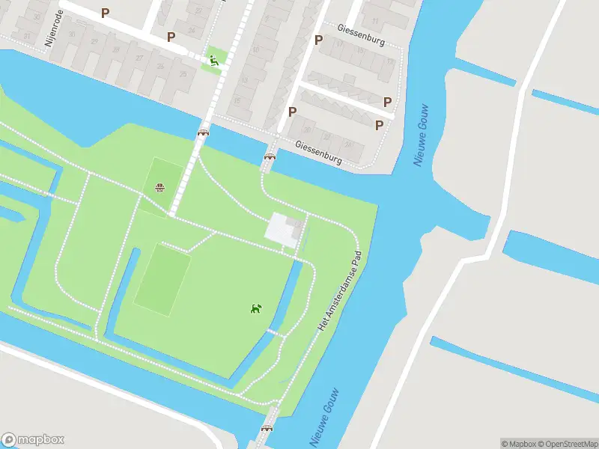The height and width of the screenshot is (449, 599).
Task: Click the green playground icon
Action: click(214, 61)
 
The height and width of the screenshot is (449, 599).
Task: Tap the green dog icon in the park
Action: click(256, 308)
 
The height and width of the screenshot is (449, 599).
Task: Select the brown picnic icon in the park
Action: click(159, 187)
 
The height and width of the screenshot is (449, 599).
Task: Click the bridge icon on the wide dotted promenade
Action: click(203, 132)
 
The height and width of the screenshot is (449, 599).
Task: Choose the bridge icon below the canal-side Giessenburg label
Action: click(270, 156)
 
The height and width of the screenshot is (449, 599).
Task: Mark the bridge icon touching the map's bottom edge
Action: click(267, 429)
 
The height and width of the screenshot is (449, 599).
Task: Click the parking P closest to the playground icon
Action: click(171, 36)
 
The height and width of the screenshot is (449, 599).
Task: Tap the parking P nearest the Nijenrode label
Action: click(105, 13)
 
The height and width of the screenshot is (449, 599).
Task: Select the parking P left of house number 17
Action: click(318, 40)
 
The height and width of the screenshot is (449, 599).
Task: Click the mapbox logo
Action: click(33, 440)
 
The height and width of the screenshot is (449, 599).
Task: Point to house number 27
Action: click(139, 58)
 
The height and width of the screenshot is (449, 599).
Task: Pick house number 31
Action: click(27, 36)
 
